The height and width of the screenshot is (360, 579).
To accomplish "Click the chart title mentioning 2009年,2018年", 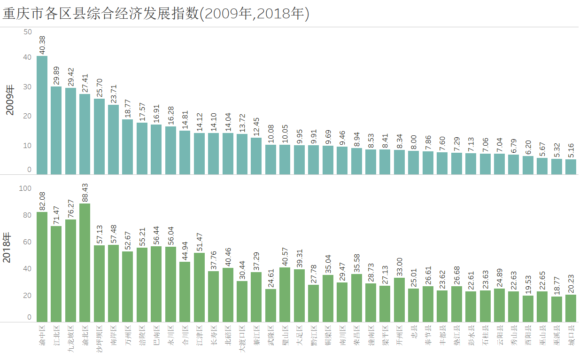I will tap(156, 14).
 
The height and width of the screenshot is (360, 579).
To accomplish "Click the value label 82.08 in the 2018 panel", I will tap(42, 201).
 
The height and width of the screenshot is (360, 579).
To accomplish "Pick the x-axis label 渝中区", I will tap(42, 337).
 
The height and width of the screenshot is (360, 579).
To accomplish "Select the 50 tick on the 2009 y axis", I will tap(28, 32).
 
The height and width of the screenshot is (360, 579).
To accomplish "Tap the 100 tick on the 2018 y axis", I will tap(25, 188).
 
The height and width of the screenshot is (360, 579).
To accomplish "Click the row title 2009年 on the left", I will tap(10, 101).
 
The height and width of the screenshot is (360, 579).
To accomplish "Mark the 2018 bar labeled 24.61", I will tap(270, 305).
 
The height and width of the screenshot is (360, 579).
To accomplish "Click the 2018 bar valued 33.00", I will tap(399, 300).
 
